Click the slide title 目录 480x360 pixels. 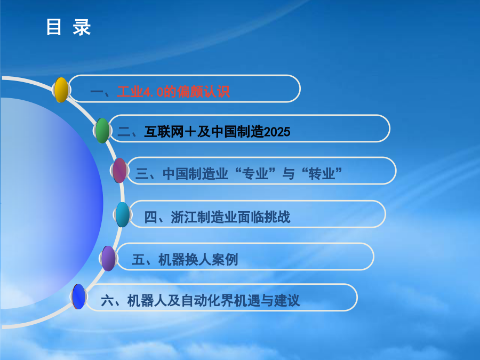(69, 27)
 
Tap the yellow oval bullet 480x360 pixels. (61, 90)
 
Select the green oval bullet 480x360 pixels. (102, 131)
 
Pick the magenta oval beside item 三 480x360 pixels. (119, 171)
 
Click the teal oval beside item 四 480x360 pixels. (123, 214)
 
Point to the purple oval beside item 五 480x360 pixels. (108, 258)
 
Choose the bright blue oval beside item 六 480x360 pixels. (79, 297)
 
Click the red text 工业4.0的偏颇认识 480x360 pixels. (173, 92)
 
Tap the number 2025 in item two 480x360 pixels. (277, 132)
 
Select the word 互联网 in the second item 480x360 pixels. (164, 132)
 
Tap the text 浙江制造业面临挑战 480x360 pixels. (230, 218)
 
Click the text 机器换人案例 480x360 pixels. (198, 260)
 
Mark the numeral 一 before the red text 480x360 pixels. (97, 92)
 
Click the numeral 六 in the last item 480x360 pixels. (107, 301)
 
